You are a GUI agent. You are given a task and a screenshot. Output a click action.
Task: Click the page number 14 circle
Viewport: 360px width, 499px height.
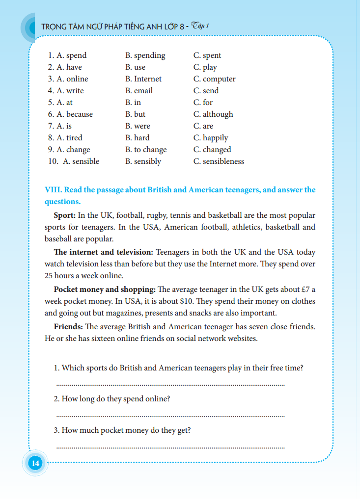tap(35, 463)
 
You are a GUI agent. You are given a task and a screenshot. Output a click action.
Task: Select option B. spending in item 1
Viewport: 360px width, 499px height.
tap(145, 55)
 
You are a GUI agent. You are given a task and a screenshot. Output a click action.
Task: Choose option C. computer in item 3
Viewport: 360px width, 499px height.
tap(214, 79)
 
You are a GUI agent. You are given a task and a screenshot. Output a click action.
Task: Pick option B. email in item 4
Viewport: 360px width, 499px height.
tap(139, 91)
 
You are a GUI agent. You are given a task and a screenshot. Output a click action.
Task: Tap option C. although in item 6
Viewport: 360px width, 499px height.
tap(213, 114)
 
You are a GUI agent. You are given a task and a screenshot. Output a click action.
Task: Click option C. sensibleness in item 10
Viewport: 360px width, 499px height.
tap(219, 161)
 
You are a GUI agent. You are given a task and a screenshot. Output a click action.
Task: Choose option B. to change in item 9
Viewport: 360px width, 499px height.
tap(146, 150)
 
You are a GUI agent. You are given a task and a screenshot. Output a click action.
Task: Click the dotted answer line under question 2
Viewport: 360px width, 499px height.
tap(170, 416)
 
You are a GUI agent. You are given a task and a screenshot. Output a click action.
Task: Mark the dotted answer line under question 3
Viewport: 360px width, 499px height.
tap(170, 447)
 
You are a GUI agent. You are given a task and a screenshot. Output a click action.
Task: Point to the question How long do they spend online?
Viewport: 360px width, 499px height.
tap(112, 399)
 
